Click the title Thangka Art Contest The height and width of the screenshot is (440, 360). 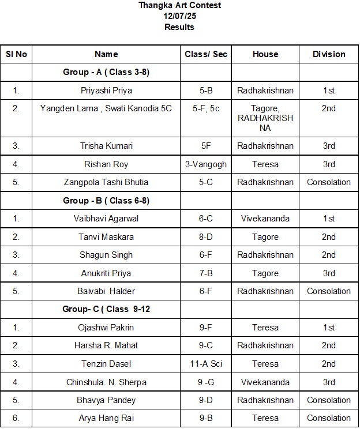(179, 5)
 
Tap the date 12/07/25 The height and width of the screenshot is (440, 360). (179, 16)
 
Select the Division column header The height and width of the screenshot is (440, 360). (329, 54)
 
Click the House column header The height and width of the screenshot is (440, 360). (265, 54)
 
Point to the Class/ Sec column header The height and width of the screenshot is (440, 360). (206, 54)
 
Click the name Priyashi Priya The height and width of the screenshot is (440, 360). (106, 91)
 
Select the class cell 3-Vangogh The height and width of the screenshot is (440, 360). (206, 164)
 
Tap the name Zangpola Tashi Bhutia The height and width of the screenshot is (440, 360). (106, 182)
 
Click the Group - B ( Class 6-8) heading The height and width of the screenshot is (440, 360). (106, 201)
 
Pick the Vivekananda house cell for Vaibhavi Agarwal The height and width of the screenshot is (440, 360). (265, 219)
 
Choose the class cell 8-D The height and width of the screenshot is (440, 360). (206, 237)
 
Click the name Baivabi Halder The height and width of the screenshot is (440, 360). (106, 291)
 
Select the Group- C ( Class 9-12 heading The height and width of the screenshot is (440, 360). (106, 309)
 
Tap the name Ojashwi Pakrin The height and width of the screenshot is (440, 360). (106, 328)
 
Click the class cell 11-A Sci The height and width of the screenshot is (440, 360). (206, 364)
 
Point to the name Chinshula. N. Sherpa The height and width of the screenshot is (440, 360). (106, 382)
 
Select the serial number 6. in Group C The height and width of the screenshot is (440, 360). (16, 418)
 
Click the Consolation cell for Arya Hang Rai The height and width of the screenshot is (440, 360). (329, 418)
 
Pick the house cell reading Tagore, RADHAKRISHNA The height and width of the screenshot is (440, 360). (265, 118)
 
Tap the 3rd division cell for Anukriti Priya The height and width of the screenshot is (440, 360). (329, 273)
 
